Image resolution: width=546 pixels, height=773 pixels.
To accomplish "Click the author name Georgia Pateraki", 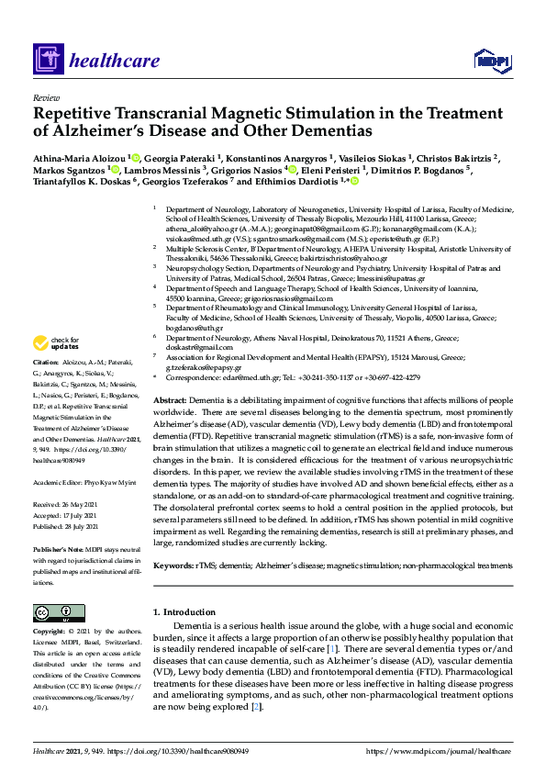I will tap(180, 158).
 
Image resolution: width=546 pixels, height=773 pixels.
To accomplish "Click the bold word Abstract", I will tap(170, 402).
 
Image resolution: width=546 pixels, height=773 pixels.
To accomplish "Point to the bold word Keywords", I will tap(173, 566).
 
